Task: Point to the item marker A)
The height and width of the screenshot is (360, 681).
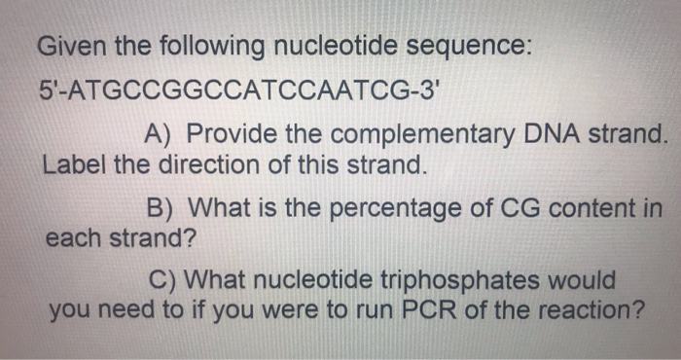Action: coord(160,134)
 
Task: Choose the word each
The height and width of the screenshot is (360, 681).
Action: coord(72,237)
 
